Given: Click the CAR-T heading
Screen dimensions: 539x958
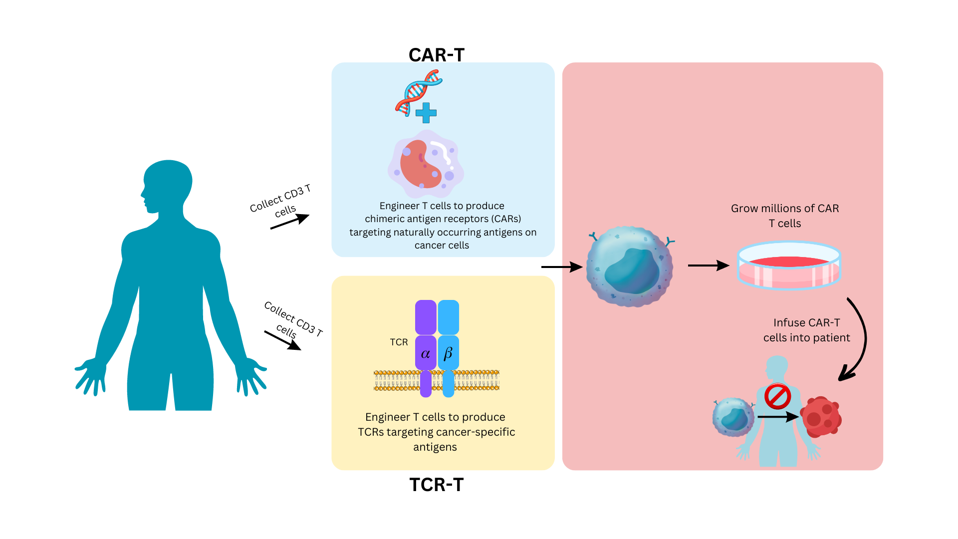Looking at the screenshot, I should tap(436, 55).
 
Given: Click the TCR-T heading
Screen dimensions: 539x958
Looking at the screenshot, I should tap(436, 485).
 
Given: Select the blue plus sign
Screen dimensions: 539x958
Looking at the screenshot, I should tap(426, 113).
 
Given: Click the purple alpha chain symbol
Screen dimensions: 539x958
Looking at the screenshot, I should tap(426, 353).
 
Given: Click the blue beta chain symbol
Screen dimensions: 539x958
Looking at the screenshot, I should tap(448, 353).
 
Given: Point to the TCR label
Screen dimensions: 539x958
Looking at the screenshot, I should tap(399, 342).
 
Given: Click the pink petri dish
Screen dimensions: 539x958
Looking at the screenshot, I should tap(789, 266).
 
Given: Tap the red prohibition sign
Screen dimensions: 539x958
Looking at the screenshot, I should tap(777, 397).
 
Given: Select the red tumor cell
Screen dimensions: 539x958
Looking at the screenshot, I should tap(821, 417).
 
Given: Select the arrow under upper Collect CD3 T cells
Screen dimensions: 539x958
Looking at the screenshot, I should tap(290, 222).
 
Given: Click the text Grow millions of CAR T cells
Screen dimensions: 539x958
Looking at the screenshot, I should tap(785, 216).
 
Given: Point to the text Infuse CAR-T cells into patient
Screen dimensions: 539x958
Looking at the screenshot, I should tap(806, 330).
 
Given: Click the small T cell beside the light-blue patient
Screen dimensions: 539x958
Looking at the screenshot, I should tap(733, 417).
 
